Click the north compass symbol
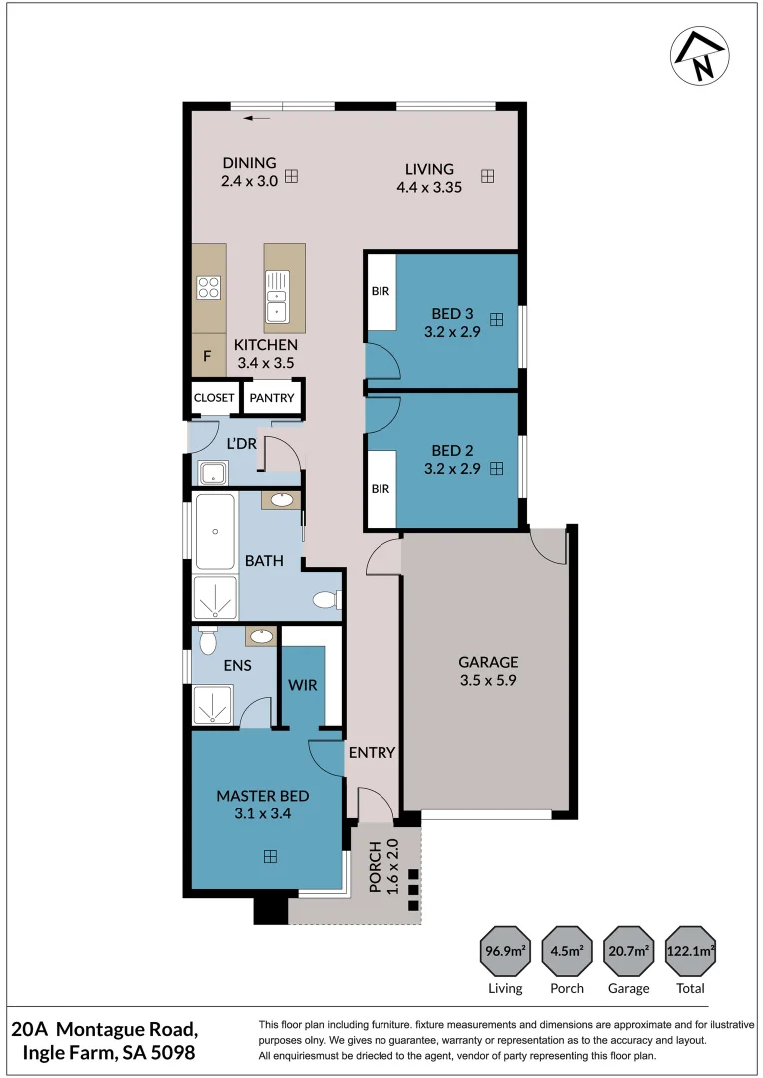coord(700,56)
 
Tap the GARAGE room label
coord(488,662)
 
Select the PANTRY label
coord(271,398)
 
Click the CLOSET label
coord(214,398)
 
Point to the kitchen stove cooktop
coord(209,288)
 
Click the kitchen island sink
coord(277,297)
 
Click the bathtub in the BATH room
coord(216,531)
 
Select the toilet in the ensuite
coord(207,641)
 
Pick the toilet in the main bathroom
coord(327,600)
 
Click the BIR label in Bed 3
coord(381,291)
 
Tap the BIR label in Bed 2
coord(381,489)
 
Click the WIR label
coord(303,685)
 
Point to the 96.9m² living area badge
coord(505,951)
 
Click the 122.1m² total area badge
coord(690,951)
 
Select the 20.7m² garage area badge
coord(629,951)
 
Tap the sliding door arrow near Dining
coord(256,118)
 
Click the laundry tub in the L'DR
coord(213,473)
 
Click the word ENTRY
coord(372,753)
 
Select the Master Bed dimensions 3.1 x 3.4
coord(262,814)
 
